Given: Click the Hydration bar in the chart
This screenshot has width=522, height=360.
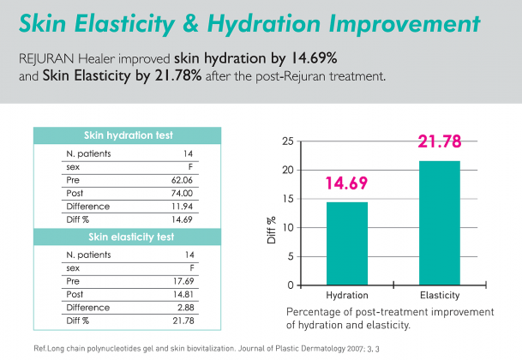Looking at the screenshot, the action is [x=347, y=243].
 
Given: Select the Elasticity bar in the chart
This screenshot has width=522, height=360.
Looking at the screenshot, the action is [x=440, y=223].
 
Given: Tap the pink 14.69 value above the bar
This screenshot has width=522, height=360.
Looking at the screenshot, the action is [x=346, y=183].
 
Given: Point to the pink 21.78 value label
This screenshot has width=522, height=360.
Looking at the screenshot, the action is [x=440, y=141].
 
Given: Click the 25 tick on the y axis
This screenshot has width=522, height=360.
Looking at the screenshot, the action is [x=288, y=141].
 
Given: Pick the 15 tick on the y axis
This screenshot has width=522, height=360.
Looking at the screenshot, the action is [x=288, y=199].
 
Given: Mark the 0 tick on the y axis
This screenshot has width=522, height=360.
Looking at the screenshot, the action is [x=291, y=285].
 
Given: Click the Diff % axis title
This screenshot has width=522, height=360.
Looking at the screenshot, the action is [x=272, y=230].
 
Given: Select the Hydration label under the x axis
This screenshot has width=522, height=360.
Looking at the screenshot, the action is [x=347, y=296].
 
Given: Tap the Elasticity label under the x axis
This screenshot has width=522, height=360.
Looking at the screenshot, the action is [x=440, y=296].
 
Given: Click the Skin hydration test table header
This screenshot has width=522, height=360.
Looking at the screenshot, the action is [x=129, y=135].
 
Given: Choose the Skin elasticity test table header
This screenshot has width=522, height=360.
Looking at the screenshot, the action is [x=131, y=237].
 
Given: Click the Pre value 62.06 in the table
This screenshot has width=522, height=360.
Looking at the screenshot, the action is [x=182, y=180].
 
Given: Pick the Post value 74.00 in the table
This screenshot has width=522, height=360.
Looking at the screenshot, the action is [x=182, y=193].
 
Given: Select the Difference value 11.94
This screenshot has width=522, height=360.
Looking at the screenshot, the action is [x=182, y=207].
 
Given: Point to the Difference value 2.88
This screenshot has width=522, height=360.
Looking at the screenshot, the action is [x=186, y=308].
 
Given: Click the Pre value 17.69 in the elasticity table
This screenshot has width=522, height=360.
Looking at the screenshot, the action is [x=183, y=281].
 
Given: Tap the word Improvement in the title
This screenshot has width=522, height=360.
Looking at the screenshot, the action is [x=405, y=24].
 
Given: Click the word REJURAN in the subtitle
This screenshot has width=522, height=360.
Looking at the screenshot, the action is [x=46, y=59].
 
